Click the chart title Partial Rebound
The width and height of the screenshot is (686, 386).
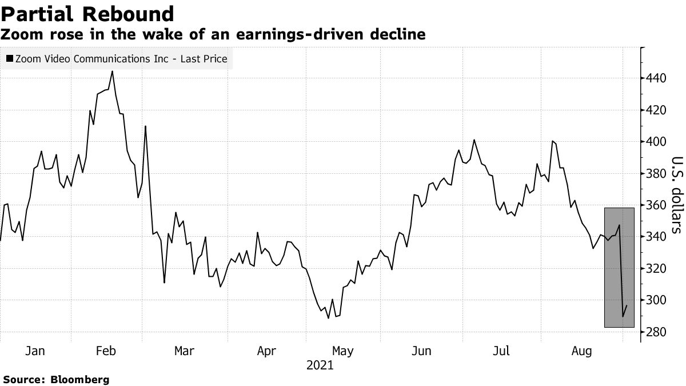click(x=87, y=13)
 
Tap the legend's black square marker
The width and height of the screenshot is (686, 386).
click(x=10, y=58)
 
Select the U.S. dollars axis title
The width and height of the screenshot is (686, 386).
click(x=676, y=194)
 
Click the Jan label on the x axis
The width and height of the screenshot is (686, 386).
click(x=35, y=351)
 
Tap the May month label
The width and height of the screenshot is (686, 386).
click(x=342, y=351)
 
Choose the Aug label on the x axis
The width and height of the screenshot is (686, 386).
click(x=581, y=351)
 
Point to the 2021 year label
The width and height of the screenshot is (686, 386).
click(x=320, y=365)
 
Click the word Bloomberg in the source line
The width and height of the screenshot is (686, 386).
click(x=80, y=379)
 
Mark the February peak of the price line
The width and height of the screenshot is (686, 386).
click(x=112, y=71)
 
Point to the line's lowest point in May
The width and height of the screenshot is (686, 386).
click(x=328, y=318)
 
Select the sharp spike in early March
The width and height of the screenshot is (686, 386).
click(x=145, y=126)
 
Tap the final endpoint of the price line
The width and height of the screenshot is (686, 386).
click(x=627, y=305)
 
